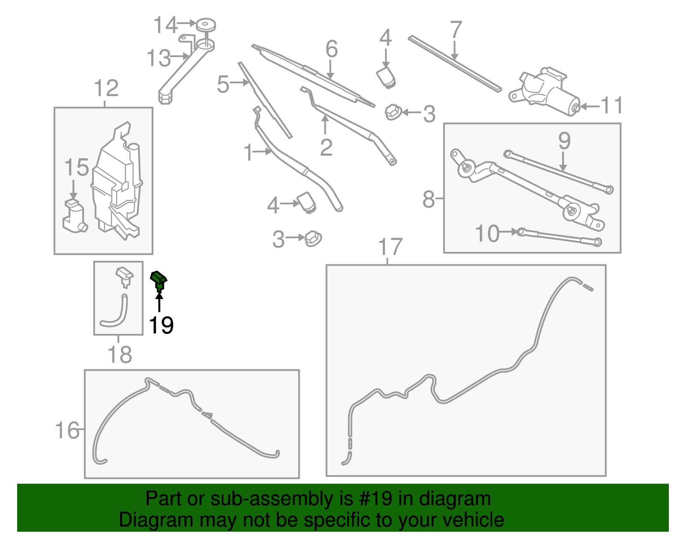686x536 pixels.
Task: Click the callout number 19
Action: click(161, 325)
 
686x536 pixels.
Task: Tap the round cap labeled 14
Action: click(206, 24)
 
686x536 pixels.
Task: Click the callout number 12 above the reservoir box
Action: click(106, 89)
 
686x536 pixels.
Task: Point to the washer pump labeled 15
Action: click(75, 217)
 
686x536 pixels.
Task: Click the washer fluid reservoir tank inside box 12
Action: click(117, 185)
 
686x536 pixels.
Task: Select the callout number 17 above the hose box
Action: click(390, 247)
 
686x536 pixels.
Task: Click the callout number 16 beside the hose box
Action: click(68, 430)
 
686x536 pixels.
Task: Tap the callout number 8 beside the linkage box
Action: click(428, 200)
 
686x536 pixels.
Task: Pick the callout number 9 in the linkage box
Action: click(564, 141)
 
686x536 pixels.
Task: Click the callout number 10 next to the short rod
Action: click(487, 234)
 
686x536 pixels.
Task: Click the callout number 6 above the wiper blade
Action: click(331, 49)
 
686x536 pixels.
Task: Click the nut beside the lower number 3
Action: click(313, 238)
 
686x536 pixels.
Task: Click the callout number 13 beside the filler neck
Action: click(159, 58)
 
